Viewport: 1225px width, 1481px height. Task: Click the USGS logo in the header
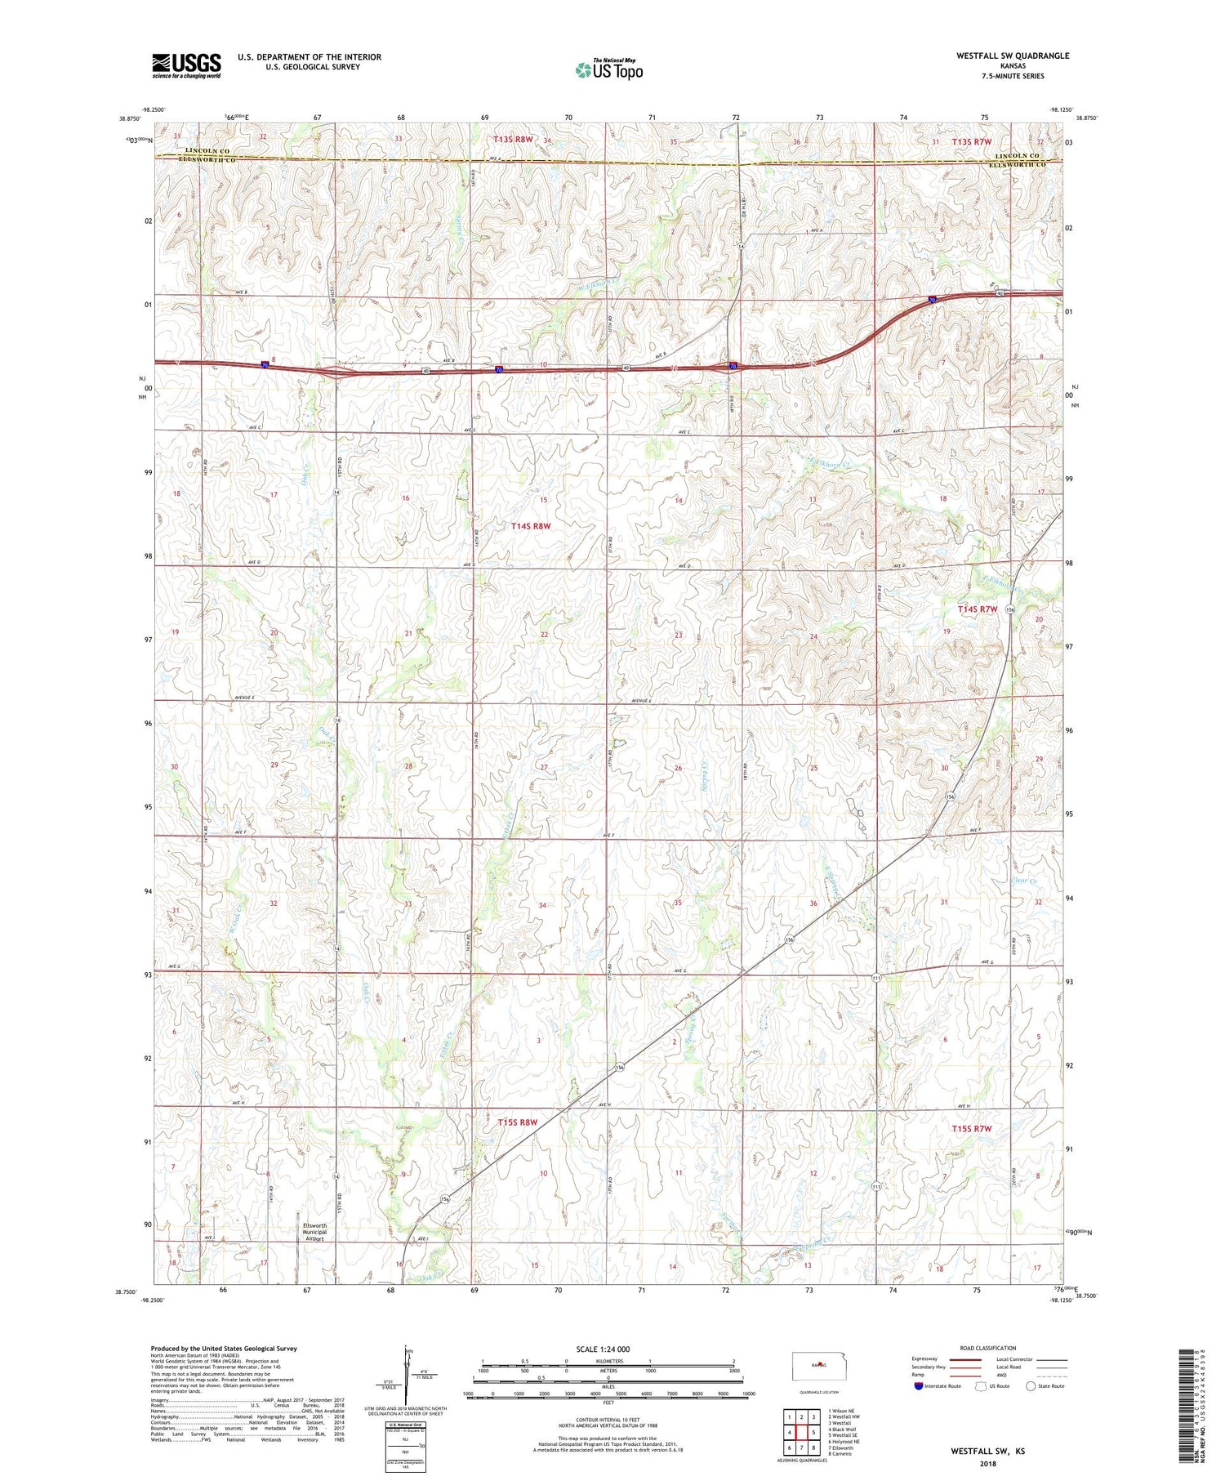pyautogui.click(x=186, y=65)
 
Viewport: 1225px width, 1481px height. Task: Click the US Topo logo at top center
pyautogui.click(x=608, y=69)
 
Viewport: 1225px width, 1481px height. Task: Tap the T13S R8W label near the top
pyautogui.click(x=513, y=140)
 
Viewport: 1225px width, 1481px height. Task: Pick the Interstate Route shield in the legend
pyautogui.click(x=919, y=1386)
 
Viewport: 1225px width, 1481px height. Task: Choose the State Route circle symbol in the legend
pyautogui.click(x=1031, y=1385)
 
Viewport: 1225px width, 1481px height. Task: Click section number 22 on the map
pyautogui.click(x=544, y=635)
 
